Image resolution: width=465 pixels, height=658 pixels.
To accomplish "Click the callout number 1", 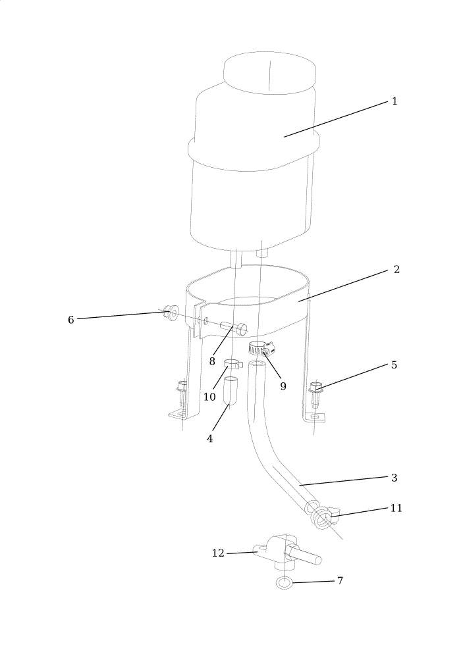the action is (394, 101).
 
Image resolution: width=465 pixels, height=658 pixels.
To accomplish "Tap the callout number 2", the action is (396, 269).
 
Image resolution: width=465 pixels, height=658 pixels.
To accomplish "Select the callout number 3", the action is (394, 478).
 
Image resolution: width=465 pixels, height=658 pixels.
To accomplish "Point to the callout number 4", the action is (209, 439).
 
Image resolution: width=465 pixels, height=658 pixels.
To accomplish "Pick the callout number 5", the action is (394, 365).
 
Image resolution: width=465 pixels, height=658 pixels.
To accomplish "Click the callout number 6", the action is (71, 320).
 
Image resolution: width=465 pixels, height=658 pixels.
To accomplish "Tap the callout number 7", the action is (340, 581).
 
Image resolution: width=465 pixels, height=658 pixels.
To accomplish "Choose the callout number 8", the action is (212, 361).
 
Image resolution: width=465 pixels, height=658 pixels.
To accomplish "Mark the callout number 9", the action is (283, 386).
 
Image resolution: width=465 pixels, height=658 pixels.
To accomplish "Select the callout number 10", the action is (209, 397).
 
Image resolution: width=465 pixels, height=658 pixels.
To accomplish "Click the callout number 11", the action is (396, 508).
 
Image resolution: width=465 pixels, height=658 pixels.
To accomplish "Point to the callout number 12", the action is (218, 553).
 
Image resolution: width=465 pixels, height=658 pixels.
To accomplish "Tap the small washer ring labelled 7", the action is (284, 584).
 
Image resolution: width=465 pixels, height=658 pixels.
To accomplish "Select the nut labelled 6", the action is (170, 313).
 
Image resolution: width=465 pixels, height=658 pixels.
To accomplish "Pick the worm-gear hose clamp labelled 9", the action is (260, 348).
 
